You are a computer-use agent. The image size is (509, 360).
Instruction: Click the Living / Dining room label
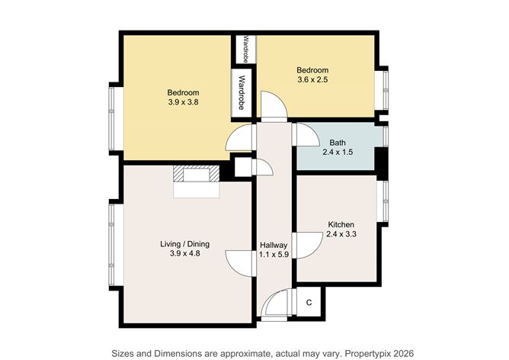(x=184, y=244)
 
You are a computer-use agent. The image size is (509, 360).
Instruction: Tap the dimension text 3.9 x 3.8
(x=178, y=103)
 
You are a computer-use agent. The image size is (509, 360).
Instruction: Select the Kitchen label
(x=341, y=224)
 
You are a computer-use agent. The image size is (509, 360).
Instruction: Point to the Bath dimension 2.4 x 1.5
(x=338, y=153)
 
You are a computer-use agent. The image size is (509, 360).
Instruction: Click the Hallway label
(x=273, y=244)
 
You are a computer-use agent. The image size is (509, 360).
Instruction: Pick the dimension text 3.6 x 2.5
(x=312, y=80)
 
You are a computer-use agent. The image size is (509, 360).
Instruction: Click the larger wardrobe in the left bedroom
(x=242, y=92)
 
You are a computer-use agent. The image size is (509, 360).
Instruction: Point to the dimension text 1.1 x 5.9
(x=274, y=255)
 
